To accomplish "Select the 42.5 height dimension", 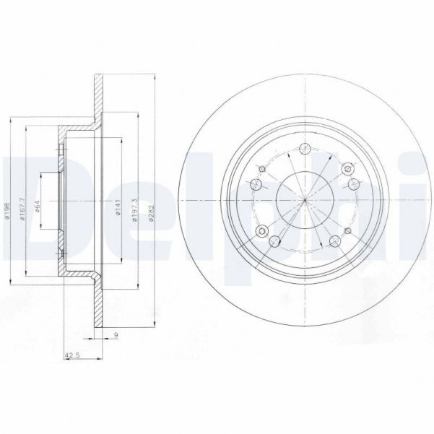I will pyautogui.click(x=72, y=355).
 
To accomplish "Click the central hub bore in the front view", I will pyautogui.click(x=305, y=199).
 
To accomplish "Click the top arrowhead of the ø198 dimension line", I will pyautogui.click(x=13, y=116).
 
